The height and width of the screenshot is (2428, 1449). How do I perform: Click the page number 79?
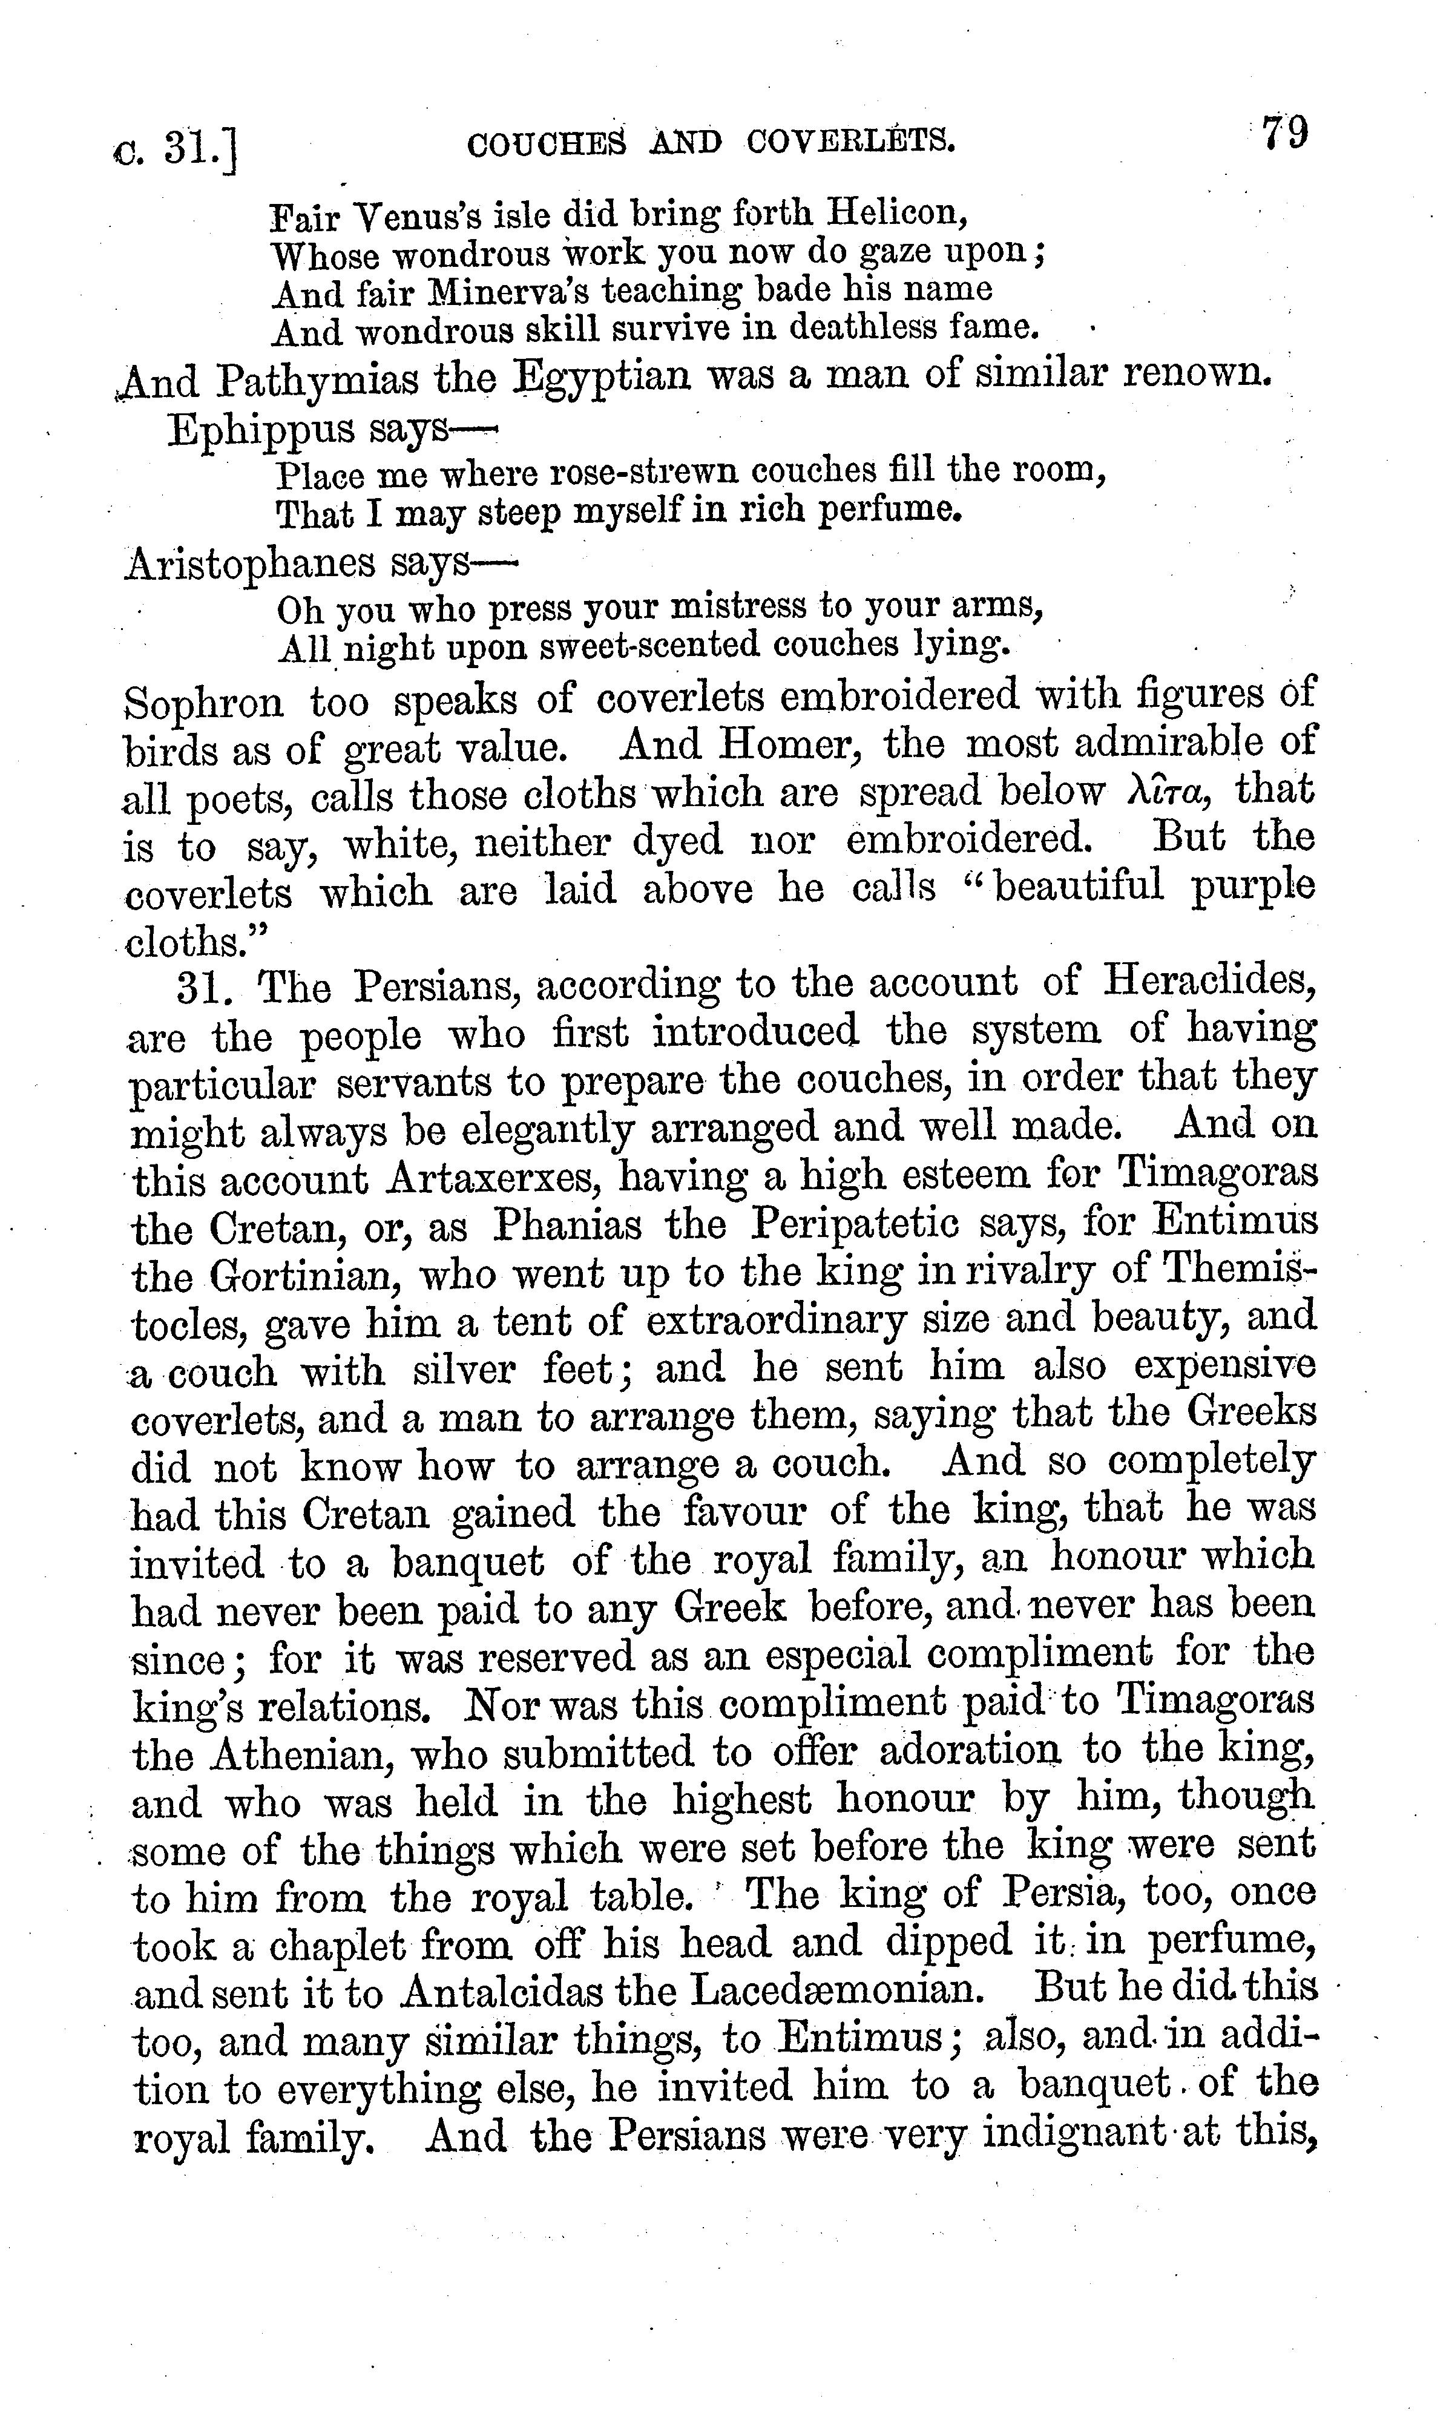1284,134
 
